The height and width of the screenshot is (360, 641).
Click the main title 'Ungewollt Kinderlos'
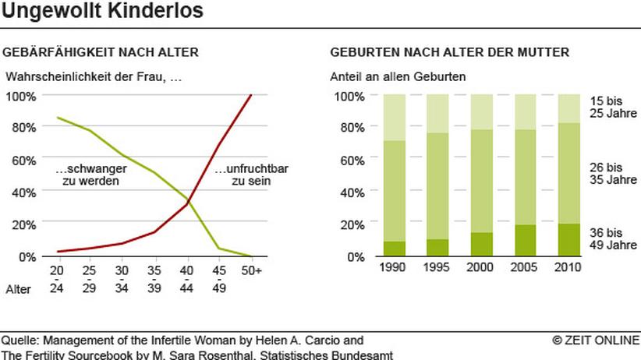102,10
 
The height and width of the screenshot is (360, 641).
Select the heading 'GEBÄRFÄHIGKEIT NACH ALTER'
101,52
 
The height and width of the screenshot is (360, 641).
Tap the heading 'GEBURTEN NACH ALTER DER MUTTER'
450,52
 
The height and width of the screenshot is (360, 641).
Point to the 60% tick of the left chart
23,161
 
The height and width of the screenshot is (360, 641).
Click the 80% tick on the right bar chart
352,128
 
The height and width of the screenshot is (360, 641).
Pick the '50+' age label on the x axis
251,270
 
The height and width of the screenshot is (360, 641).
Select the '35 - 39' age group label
154,279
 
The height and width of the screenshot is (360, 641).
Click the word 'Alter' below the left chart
18,289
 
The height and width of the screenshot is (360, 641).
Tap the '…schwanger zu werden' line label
90,175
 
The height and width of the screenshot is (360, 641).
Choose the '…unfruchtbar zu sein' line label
251,175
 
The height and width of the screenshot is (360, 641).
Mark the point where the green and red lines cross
189,200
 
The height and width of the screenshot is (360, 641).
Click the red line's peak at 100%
251,95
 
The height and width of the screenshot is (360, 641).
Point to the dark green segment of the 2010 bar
569,240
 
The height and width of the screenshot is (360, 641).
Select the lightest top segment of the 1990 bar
395,118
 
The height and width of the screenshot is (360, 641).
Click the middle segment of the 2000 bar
482,181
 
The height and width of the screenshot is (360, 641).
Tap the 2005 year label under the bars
524,267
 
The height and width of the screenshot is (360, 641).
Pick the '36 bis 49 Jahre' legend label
613,238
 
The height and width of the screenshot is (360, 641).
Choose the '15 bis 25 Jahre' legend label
613,107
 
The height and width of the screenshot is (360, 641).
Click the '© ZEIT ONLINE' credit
596,340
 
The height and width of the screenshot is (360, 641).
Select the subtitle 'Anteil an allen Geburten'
398,77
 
